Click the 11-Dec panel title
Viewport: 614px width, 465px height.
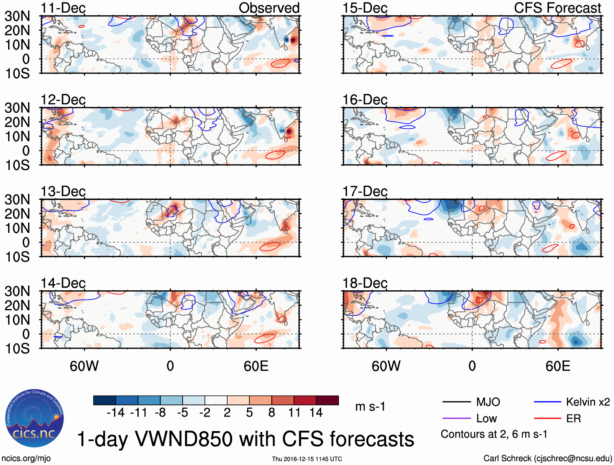tap(63, 8)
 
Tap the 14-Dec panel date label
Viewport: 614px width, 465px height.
tap(63, 283)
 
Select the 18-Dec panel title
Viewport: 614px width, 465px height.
tap(365, 283)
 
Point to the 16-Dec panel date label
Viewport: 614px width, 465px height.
tap(365, 100)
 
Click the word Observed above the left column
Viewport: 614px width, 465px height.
tap(269, 8)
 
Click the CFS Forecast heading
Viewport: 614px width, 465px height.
tap(557, 8)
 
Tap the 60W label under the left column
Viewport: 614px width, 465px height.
tap(84, 366)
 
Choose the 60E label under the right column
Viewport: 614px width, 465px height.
tap(557, 366)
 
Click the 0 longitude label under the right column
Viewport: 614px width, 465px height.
tap(472, 366)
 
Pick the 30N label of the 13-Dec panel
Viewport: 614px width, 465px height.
tap(17, 200)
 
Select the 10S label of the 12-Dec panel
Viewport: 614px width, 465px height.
tap(17, 165)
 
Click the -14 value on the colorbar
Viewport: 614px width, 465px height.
tap(116, 413)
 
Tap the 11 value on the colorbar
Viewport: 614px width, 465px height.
tap(294, 413)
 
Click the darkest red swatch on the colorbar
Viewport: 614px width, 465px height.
tap(327, 400)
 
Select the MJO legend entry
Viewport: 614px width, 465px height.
tap(488, 402)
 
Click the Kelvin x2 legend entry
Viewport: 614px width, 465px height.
tap(588, 402)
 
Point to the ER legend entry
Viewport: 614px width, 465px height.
tap(573, 419)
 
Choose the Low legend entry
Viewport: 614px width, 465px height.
tap(486, 419)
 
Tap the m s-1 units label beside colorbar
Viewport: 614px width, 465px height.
tap(370, 407)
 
